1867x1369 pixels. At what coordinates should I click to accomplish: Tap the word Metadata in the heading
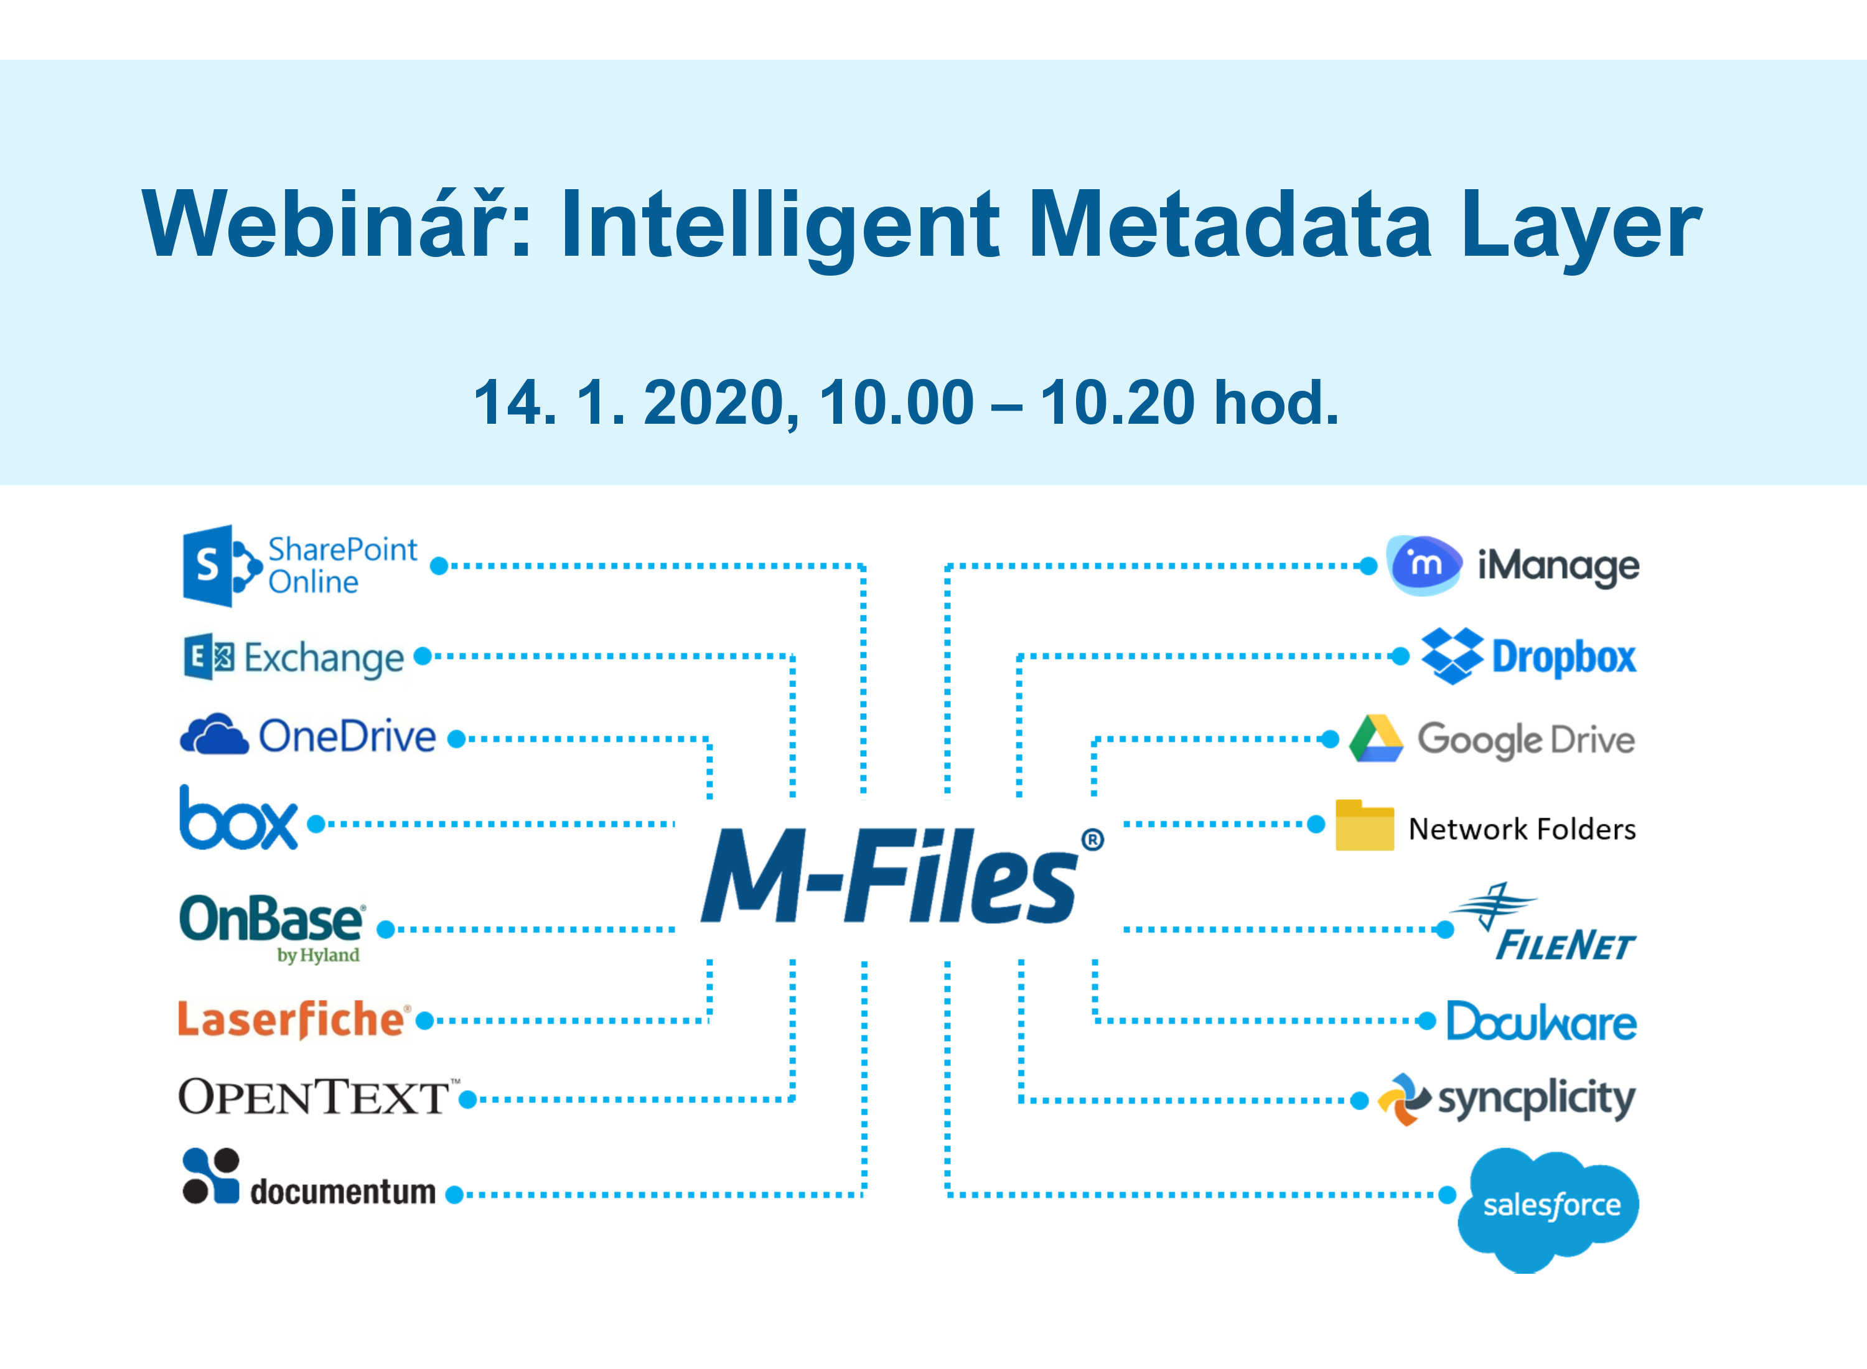click(x=1230, y=224)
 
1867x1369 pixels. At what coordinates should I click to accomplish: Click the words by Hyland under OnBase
click(x=318, y=955)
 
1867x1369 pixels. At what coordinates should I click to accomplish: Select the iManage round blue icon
click(x=1425, y=565)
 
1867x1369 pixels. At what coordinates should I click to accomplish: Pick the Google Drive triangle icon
click(x=1375, y=739)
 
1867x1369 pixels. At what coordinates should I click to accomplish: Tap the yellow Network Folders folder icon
click(x=1364, y=825)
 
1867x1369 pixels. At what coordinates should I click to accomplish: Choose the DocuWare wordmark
click(x=1542, y=1021)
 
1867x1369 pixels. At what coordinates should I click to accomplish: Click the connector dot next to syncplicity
click(x=1359, y=1101)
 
